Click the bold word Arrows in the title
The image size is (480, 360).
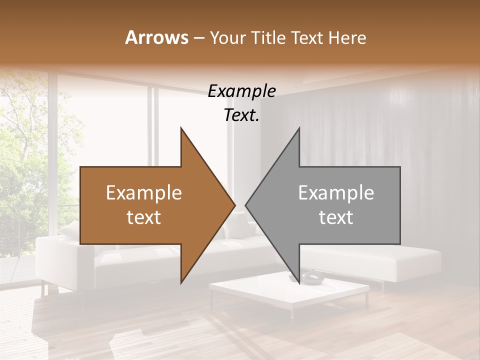[x=157, y=37]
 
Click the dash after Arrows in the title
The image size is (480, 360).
[x=199, y=38]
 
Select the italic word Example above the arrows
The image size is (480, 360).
[x=241, y=91]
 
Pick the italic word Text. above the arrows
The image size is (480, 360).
[x=241, y=115]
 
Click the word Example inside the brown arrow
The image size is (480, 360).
[x=144, y=193]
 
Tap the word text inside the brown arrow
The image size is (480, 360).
[x=144, y=217]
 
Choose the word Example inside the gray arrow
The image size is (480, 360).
[x=336, y=193]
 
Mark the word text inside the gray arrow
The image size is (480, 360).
[x=336, y=217]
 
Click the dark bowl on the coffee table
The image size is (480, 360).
[x=311, y=278]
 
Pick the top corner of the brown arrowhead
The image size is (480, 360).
[x=181, y=128]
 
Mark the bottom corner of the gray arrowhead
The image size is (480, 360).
[x=299, y=282]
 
